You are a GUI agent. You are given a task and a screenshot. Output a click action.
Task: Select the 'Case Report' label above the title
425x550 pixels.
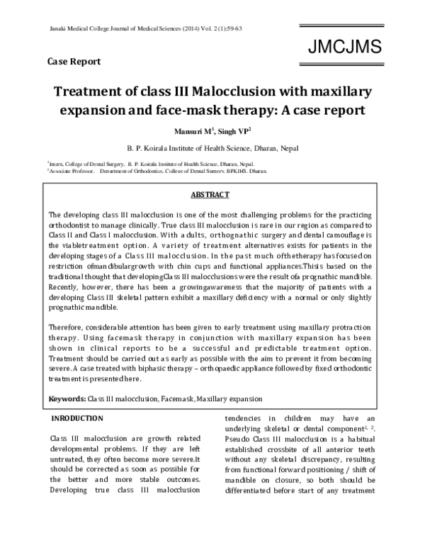[x=74, y=61]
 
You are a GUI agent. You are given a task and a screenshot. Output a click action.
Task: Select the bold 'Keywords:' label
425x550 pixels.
[x=67, y=400]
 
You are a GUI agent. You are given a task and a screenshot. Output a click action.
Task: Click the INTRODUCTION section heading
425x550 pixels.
[x=82, y=419]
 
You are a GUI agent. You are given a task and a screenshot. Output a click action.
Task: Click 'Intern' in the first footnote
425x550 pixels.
[x=56, y=162]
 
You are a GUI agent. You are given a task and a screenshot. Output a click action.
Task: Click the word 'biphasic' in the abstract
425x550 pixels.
[x=181, y=369]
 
